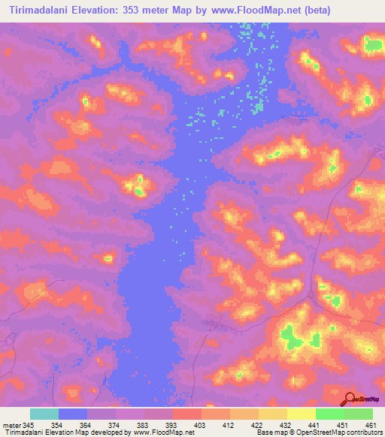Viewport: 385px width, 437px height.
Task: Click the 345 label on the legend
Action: point(29,425)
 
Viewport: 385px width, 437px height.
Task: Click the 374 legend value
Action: point(115,425)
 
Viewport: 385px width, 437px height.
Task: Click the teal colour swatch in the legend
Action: point(44,414)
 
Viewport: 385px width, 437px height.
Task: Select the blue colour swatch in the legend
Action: point(73,414)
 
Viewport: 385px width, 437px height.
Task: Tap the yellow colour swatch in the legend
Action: point(301,414)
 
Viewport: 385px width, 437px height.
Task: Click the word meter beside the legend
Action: point(11,425)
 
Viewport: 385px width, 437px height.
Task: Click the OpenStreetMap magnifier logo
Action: point(350,399)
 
